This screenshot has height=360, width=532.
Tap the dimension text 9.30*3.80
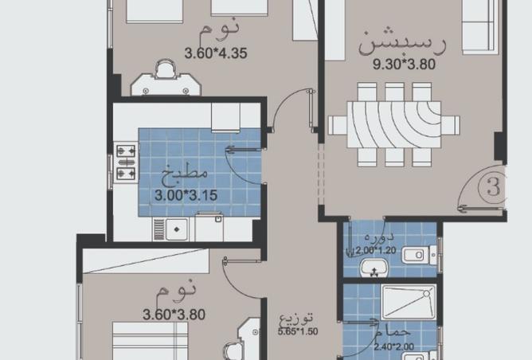(x=404, y=65)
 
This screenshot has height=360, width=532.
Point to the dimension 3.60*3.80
(x=173, y=315)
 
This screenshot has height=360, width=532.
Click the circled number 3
(x=494, y=189)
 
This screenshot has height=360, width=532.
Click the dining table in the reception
(x=393, y=125)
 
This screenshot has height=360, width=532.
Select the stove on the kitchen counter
(x=126, y=161)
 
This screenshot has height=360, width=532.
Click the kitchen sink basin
(x=177, y=229)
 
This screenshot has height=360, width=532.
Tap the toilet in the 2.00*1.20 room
(x=418, y=256)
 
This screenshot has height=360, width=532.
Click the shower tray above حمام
(x=408, y=303)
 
